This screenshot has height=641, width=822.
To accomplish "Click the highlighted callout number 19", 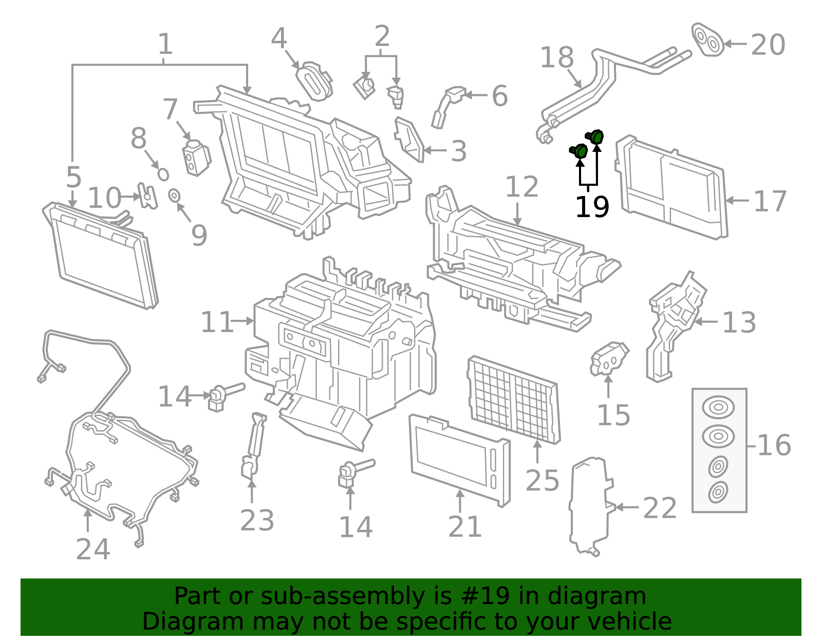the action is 592,207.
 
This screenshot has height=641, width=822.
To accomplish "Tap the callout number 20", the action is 768,45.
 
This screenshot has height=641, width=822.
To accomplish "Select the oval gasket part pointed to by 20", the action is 707,40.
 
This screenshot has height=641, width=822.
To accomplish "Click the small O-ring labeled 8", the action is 163,174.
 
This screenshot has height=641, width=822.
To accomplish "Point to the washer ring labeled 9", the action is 174,196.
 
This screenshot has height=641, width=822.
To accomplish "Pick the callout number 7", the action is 170,109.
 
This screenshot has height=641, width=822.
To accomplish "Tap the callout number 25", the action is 542,480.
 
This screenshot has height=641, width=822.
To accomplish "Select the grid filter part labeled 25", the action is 514,400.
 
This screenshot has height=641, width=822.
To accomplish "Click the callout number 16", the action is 774,445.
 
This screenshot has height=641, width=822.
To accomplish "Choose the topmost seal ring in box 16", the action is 718,407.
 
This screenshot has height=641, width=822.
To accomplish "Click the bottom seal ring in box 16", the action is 718,492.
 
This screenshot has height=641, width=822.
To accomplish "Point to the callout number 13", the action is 739,323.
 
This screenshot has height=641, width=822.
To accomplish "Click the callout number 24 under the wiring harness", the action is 93,549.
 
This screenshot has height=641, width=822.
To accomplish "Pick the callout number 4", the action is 279,38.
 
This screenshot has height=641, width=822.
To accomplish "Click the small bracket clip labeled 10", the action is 147,196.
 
